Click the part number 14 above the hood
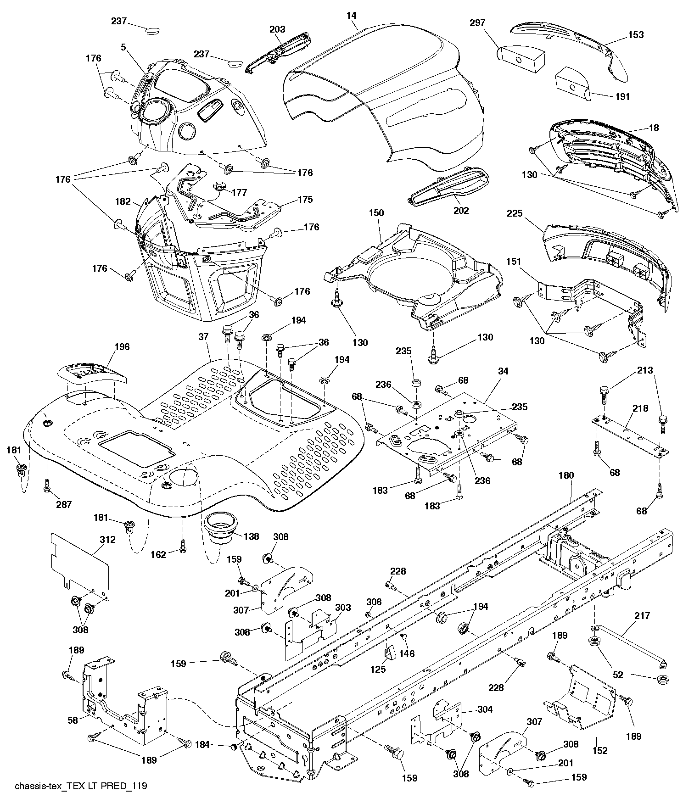[351, 16]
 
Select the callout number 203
[277, 29]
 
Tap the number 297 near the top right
[477, 23]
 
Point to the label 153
[636, 35]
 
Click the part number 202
[461, 211]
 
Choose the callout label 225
[515, 213]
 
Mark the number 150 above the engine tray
[376, 213]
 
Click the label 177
[239, 192]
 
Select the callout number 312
[107, 540]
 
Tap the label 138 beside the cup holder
[251, 536]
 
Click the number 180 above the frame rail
[566, 475]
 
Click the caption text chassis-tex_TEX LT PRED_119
[81, 786]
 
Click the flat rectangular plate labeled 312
[80, 567]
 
